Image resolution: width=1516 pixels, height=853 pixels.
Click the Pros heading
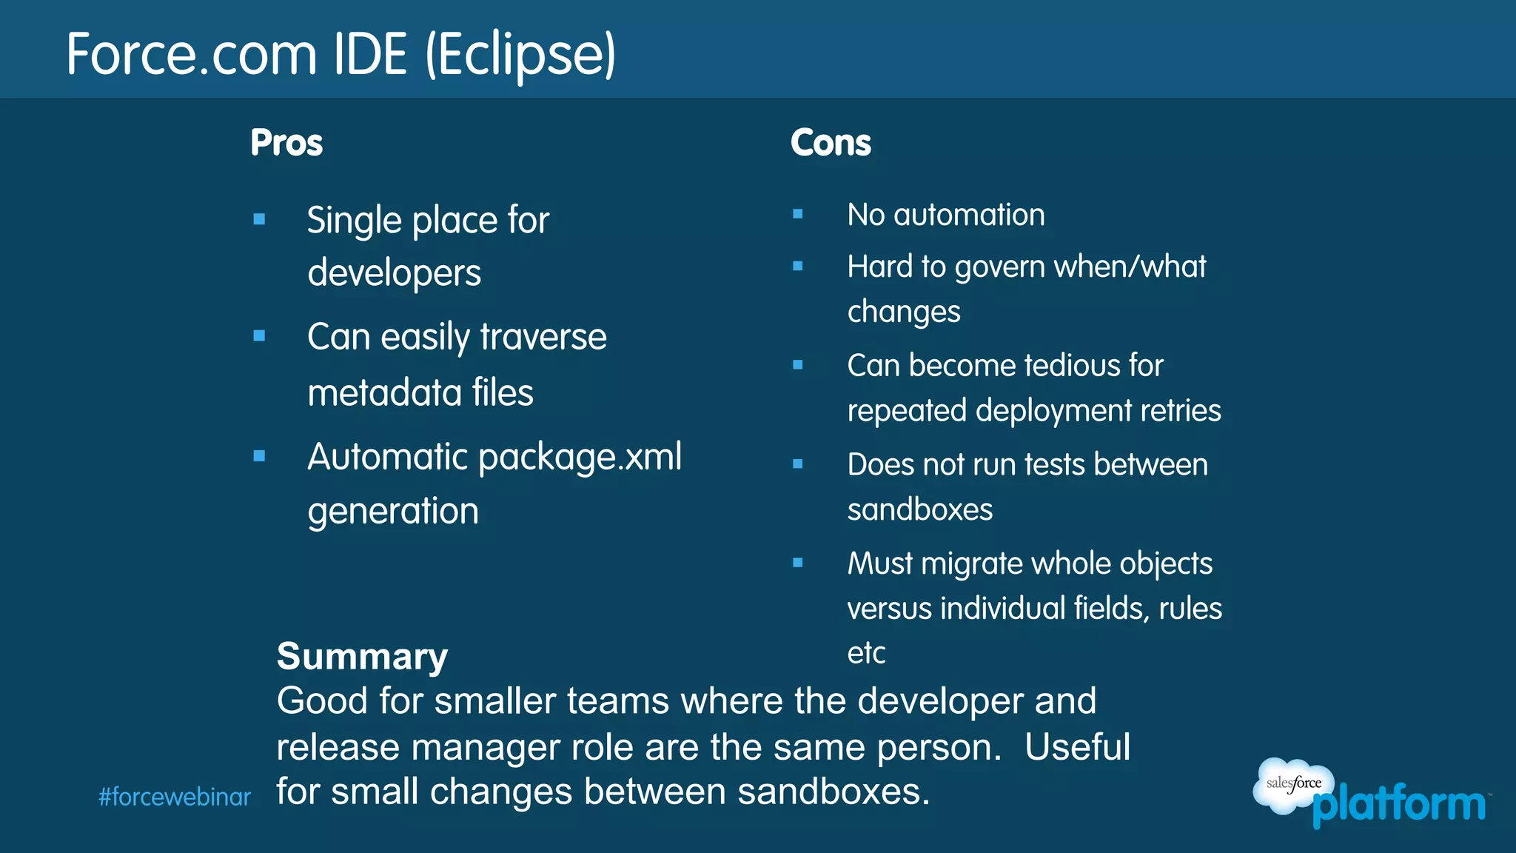286,142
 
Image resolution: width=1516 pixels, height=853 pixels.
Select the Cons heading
831,142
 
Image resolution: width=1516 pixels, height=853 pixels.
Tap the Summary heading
362,656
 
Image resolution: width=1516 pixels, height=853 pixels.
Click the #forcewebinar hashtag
175,797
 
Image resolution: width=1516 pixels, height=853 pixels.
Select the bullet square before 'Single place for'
259,219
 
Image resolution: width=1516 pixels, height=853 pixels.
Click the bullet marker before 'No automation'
797,214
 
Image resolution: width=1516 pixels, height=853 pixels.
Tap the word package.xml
580,457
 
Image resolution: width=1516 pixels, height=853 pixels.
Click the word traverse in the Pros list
543,337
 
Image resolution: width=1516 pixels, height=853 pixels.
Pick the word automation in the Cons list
969,215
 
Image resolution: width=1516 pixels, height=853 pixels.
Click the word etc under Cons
866,653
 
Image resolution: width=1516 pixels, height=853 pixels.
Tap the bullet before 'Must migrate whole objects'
797,563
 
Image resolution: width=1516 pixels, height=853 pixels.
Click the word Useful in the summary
1077,746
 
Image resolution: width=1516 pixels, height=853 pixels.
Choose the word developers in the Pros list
394,272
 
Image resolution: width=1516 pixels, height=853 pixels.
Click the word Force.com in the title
191,55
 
